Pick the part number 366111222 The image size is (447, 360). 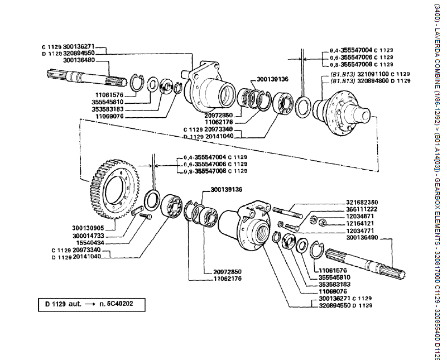tap(362, 209)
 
